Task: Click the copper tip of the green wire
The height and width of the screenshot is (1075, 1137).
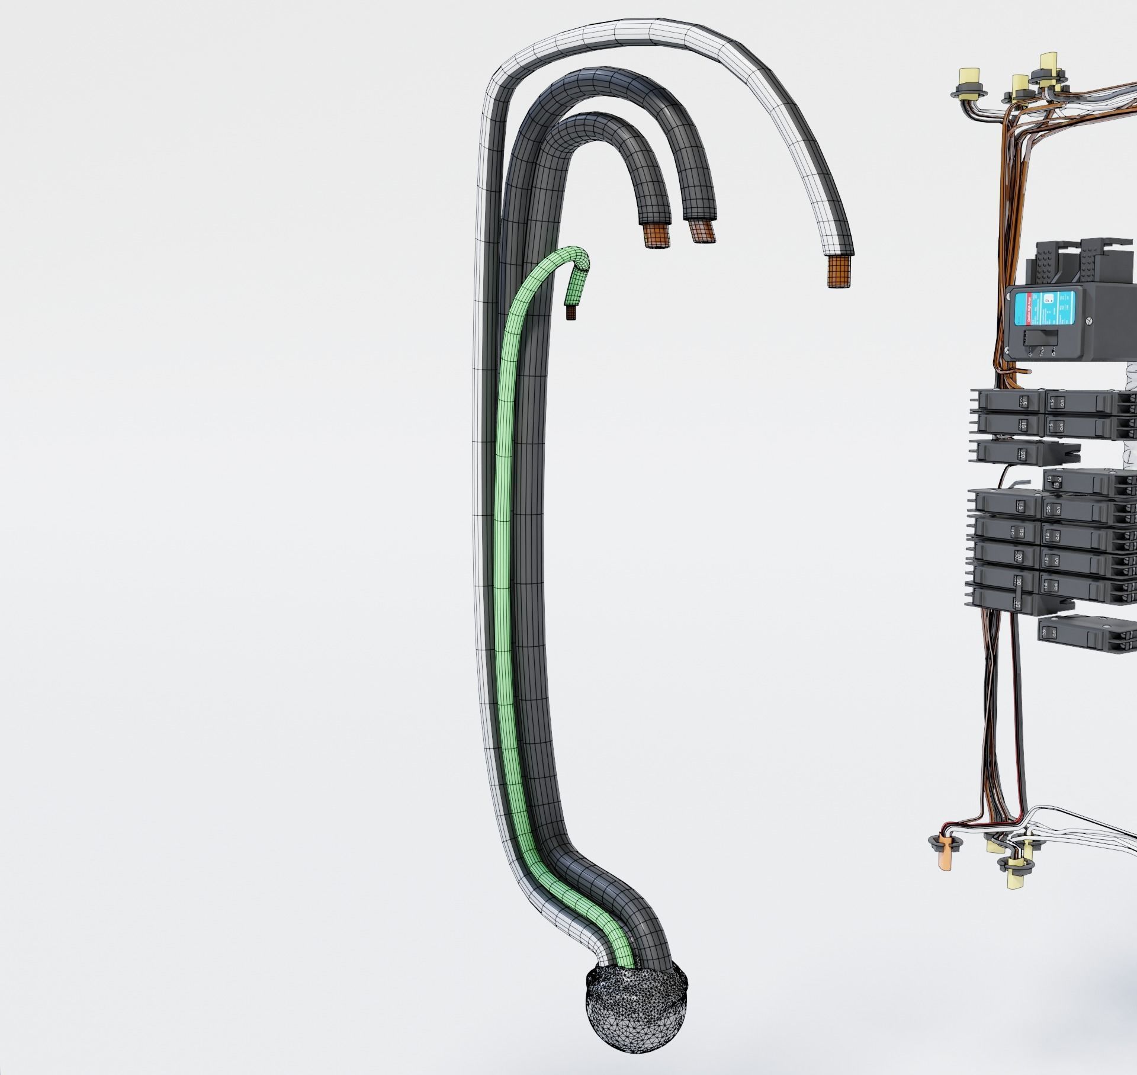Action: click(x=570, y=312)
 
